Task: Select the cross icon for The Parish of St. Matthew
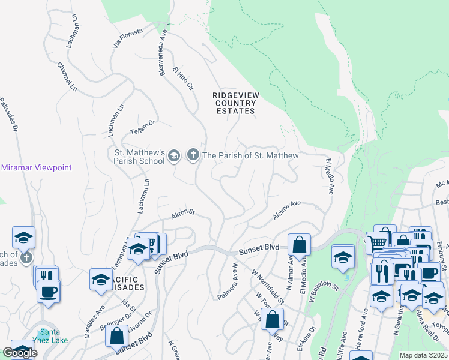(x=193, y=155)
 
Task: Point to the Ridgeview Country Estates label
(x=234, y=103)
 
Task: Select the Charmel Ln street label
(x=67, y=77)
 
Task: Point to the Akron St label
(x=184, y=212)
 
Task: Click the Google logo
(x=19, y=353)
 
